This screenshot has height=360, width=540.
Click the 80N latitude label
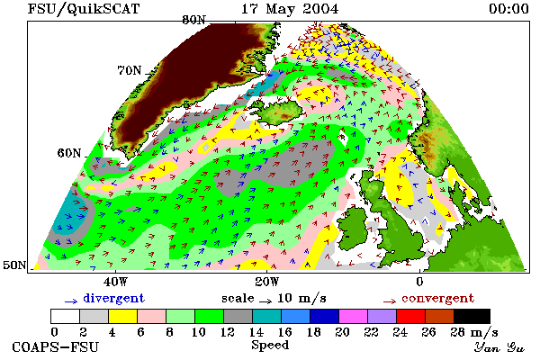[193, 20]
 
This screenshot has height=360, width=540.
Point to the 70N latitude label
[129, 70]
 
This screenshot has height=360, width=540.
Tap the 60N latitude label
[69, 153]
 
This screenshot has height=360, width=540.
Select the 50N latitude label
[14, 265]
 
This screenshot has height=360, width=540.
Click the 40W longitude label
[116, 282]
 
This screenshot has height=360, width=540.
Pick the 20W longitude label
[267, 282]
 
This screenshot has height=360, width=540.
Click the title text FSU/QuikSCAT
[84, 9]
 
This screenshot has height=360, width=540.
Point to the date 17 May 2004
[290, 9]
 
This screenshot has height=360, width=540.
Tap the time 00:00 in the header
[508, 9]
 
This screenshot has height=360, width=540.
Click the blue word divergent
[113, 298]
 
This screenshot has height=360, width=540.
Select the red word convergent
[437, 298]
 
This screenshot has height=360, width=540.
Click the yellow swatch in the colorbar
[122, 316]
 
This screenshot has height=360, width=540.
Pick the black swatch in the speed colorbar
[472, 316]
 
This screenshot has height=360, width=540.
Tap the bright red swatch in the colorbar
[410, 316]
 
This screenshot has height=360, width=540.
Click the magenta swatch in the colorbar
[353, 316]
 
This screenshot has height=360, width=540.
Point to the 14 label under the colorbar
[256, 332]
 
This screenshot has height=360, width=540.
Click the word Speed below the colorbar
[270, 346]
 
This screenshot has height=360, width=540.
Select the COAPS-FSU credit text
[56, 346]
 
